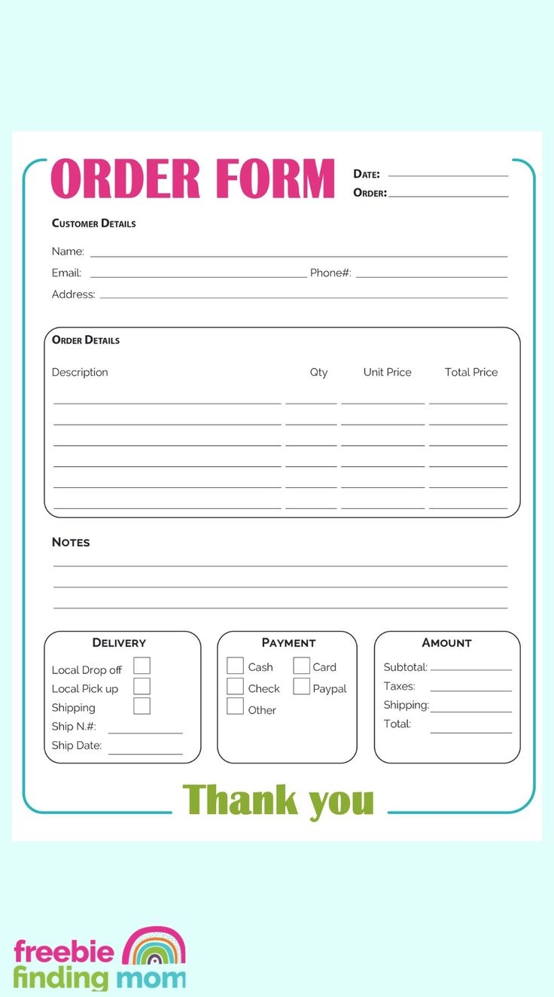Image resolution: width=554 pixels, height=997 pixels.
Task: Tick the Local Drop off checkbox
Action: [x=142, y=666]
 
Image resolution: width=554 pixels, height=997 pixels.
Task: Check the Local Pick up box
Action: [x=142, y=686]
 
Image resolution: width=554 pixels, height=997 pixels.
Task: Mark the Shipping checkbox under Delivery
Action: [x=142, y=706]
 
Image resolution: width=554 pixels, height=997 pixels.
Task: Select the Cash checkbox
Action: [x=236, y=666]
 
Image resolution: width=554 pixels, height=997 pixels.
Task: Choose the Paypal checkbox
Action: [x=301, y=687]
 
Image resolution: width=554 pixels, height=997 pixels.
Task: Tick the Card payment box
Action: [x=301, y=666]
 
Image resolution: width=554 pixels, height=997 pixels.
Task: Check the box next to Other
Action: [x=236, y=706]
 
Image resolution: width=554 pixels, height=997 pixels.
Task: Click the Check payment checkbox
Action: [x=236, y=687]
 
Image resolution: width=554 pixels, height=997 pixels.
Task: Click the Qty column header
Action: [x=318, y=372]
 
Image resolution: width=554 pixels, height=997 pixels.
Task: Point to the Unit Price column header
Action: [x=387, y=372]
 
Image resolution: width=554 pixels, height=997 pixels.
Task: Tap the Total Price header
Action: [x=471, y=372]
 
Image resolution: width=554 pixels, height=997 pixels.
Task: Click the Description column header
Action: [x=80, y=372]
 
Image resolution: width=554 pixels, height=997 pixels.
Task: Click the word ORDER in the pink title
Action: [x=125, y=179]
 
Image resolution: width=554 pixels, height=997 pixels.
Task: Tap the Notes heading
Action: [x=71, y=542]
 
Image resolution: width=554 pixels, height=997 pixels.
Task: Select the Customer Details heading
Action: [x=93, y=224]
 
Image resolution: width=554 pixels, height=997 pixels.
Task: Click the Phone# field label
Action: [x=330, y=273]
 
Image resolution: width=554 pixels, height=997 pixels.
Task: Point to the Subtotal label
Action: [x=405, y=667]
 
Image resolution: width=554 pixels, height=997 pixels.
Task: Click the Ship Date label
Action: [x=76, y=745]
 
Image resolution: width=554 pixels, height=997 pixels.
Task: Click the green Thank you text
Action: [x=279, y=800]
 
